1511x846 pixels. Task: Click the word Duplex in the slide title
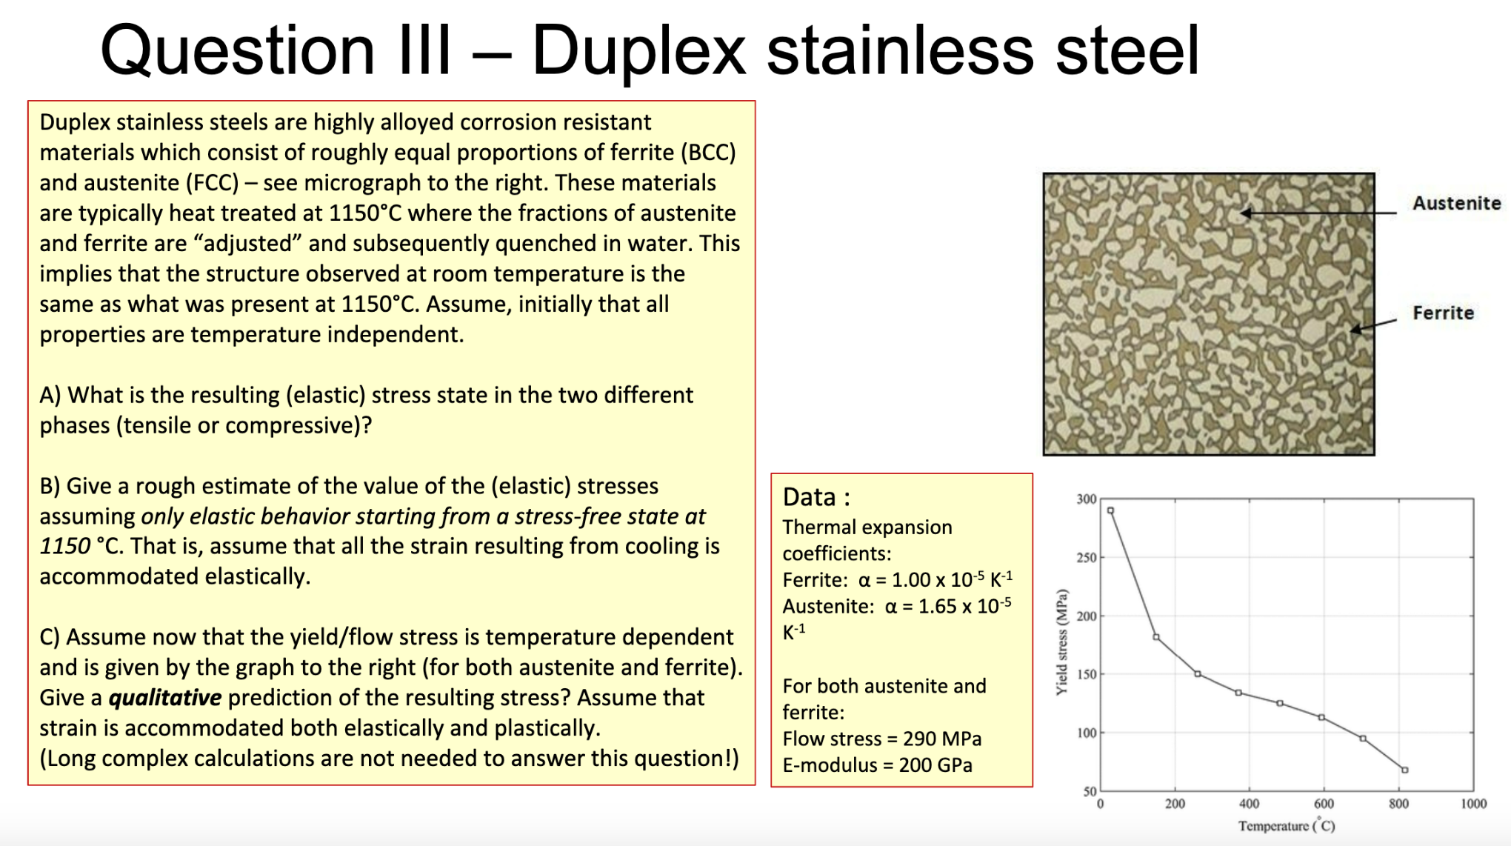[x=638, y=50]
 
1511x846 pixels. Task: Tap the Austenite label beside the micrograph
[x=1456, y=203]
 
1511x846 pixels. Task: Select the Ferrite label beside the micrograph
[x=1443, y=313]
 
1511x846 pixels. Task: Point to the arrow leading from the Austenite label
[x=1319, y=213]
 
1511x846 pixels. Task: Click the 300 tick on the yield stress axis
[x=1086, y=499]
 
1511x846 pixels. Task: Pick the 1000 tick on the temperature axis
[x=1473, y=804]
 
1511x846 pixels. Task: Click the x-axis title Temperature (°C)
[x=1287, y=825]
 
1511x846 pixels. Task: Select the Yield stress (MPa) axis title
[x=1062, y=642]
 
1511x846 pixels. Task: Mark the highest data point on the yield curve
[x=1110, y=510]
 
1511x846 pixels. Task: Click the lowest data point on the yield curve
[x=1404, y=770]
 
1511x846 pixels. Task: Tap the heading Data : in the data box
[x=816, y=497]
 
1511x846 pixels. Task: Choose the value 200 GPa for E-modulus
[x=935, y=765]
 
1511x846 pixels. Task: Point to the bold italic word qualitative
[x=165, y=698]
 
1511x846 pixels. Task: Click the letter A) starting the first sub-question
[x=50, y=395]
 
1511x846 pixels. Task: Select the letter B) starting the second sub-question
[x=50, y=486]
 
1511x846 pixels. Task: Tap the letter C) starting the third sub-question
[x=50, y=637]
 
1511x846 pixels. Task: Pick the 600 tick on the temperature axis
[x=1324, y=804]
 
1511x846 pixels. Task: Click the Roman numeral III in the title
[x=425, y=50]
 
